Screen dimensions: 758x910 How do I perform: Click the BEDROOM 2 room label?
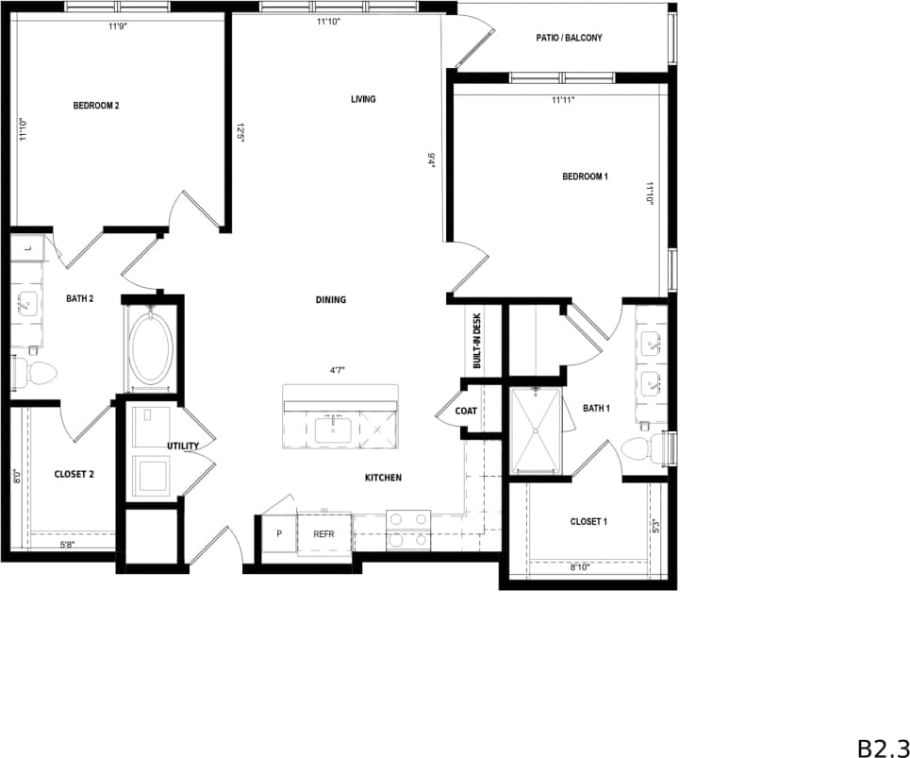point(96,106)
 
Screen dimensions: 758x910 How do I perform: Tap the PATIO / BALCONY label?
point(568,39)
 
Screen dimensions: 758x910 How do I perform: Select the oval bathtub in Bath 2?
point(151,346)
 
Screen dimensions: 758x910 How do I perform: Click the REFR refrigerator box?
point(324,534)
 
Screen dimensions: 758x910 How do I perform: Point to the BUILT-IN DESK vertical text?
point(477,341)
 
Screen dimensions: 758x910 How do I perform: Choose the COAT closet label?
point(466,412)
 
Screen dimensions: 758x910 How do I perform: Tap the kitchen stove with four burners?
point(408,530)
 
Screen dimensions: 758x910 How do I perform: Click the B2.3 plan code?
point(881,747)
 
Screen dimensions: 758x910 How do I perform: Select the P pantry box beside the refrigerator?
point(279,534)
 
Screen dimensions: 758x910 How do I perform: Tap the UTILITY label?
point(183,446)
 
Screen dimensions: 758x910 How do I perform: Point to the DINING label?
point(331,300)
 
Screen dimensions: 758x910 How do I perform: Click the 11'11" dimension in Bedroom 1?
point(563,99)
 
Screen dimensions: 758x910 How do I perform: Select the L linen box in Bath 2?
point(28,248)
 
